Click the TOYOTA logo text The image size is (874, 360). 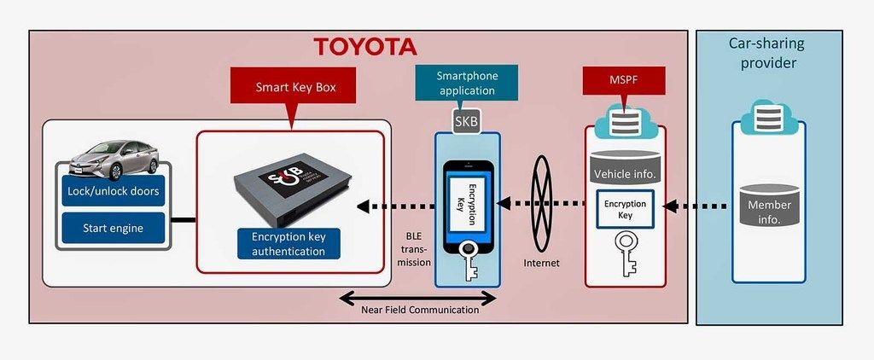click(x=364, y=46)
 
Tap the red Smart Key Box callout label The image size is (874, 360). click(x=294, y=87)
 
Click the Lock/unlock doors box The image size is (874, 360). click(x=114, y=191)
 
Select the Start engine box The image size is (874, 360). click(x=114, y=228)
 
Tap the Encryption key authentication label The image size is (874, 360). click(x=288, y=244)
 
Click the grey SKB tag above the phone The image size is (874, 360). click(x=466, y=120)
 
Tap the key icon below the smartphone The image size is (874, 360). click(x=468, y=258)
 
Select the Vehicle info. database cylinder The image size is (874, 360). click(x=626, y=166)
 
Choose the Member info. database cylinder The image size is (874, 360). click(x=769, y=205)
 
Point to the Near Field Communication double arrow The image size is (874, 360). click(x=417, y=298)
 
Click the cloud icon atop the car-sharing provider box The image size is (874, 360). click(x=769, y=119)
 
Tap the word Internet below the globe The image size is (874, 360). click(x=541, y=263)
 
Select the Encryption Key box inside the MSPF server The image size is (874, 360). click(x=626, y=210)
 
